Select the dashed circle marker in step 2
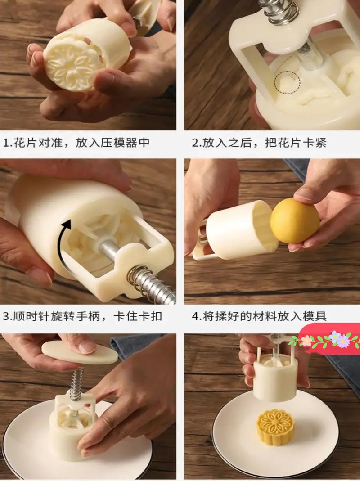[287, 82]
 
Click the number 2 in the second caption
[195, 143]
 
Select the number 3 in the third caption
[6, 316]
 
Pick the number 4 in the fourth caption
[195, 316]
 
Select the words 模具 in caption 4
[315, 316]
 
